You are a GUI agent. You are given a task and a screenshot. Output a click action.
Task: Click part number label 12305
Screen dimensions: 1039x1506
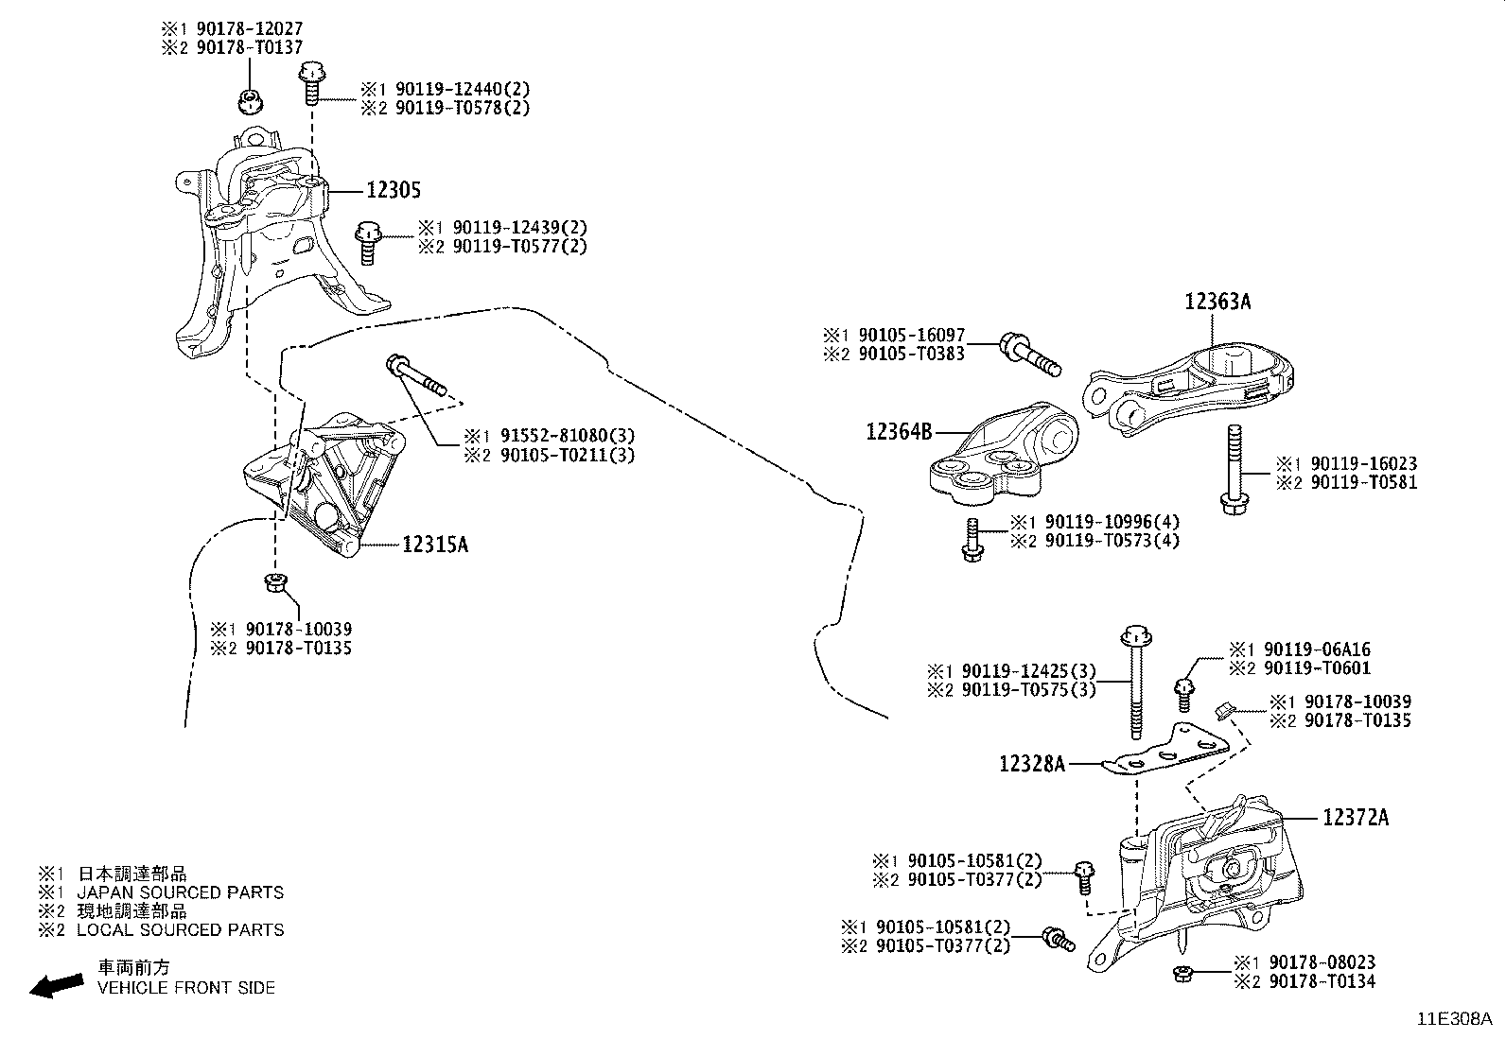(393, 190)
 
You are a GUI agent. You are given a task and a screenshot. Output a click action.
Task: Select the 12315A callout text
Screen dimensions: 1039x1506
(435, 545)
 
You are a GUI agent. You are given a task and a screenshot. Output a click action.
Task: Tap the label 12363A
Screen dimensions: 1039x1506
(1217, 302)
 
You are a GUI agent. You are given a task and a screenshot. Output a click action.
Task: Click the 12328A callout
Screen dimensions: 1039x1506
(1032, 762)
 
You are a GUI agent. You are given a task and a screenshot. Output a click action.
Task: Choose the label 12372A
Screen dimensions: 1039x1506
(1355, 817)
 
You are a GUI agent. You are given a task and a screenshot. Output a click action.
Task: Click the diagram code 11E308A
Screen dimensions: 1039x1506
(1454, 1019)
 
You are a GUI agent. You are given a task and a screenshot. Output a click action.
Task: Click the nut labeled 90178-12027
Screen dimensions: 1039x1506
(251, 99)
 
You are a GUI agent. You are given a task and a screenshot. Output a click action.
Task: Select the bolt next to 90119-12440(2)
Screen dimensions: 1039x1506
(311, 84)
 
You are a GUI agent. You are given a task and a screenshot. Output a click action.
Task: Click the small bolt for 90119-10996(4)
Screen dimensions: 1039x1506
(971, 541)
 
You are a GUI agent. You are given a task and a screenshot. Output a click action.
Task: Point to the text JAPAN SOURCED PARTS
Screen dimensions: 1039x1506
(180, 892)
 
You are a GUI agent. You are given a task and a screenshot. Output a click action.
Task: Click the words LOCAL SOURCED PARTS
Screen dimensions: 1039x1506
(180, 930)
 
